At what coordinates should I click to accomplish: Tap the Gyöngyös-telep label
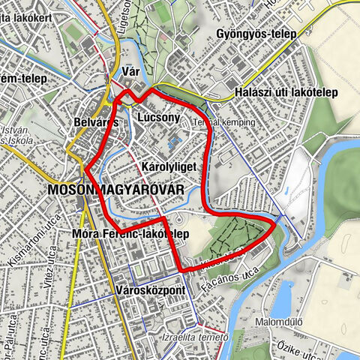254,34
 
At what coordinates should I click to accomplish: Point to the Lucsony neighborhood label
158,117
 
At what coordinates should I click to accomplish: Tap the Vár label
130,72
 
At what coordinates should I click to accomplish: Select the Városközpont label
151,289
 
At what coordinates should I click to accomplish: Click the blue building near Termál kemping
175,140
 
